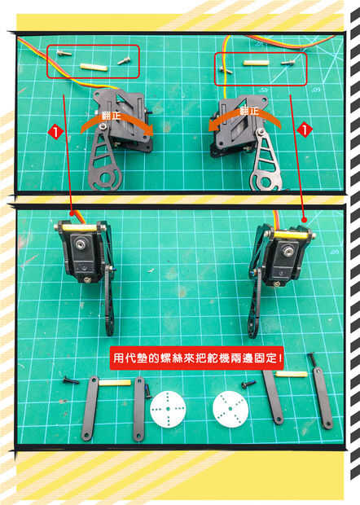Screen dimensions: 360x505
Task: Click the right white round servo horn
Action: [230, 409]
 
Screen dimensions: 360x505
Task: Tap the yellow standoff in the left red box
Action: [94, 67]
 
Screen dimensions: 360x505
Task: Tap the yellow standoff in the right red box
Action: [256, 63]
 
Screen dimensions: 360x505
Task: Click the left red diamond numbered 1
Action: [56, 132]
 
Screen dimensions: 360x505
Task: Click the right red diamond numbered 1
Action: [305, 130]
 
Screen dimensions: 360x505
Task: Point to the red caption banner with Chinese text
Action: [197, 358]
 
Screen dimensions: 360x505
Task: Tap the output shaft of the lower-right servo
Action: [286, 250]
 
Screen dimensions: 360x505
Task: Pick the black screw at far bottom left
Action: [71, 380]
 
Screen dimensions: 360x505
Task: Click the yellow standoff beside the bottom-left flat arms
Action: [115, 383]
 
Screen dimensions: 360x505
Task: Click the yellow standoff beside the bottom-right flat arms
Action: [292, 374]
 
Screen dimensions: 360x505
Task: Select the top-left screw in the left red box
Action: [64, 54]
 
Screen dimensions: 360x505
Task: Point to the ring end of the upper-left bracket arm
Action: [108, 179]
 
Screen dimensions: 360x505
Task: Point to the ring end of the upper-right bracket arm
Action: [264, 180]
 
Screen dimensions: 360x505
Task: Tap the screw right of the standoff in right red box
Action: [288, 63]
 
